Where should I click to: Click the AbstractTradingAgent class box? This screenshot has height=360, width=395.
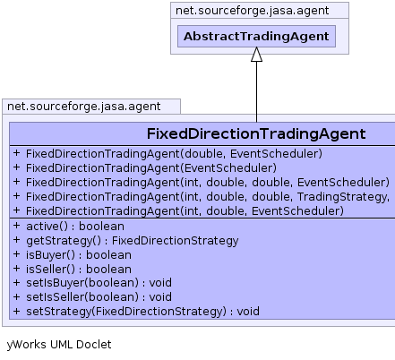click(x=256, y=37)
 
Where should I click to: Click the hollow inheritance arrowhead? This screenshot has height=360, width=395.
click(x=256, y=55)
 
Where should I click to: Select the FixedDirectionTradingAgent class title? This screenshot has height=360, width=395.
click(x=256, y=133)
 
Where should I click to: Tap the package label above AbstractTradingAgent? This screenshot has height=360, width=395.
click(x=252, y=11)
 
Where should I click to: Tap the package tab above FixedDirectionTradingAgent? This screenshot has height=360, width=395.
click(x=84, y=107)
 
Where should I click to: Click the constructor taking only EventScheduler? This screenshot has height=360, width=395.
click(x=151, y=168)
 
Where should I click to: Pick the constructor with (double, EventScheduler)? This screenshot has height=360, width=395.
click(x=174, y=154)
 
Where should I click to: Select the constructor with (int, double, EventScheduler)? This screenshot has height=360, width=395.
click(x=185, y=211)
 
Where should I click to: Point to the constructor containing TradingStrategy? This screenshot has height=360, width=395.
click(x=208, y=197)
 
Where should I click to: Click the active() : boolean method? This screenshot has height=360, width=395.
click(x=75, y=227)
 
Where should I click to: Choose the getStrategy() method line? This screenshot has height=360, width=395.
click(x=133, y=241)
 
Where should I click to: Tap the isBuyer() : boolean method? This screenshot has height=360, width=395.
click(x=79, y=255)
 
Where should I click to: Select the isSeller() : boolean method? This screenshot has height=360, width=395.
click(x=79, y=270)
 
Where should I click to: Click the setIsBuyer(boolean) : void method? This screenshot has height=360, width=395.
click(x=99, y=283)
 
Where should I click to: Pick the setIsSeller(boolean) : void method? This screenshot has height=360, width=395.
click(x=99, y=297)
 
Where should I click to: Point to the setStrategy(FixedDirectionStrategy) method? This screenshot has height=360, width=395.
click(x=142, y=312)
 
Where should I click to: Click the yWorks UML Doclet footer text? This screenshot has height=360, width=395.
click(x=59, y=345)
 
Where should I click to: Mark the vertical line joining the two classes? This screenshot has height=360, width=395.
click(x=256, y=92)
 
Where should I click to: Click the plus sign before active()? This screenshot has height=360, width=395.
click(x=16, y=226)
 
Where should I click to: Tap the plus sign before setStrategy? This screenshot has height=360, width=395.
click(x=16, y=311)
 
